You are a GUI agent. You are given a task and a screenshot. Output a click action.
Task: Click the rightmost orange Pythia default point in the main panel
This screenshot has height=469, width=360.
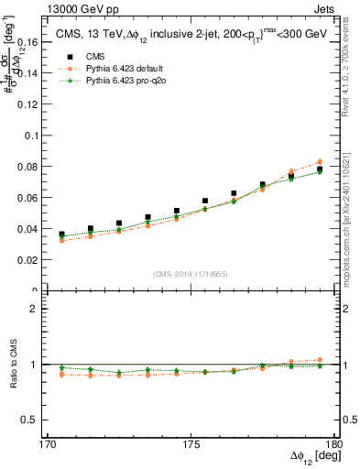point(320,161)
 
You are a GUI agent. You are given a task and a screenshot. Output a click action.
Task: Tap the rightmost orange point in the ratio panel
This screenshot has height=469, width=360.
point(320,360)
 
